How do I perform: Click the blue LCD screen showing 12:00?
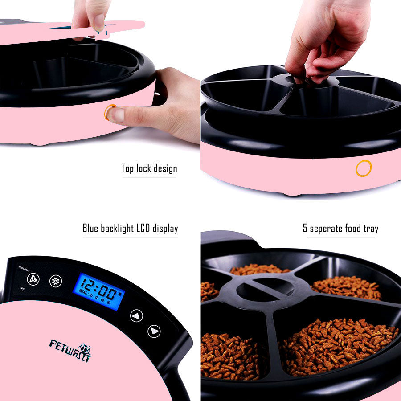pos(99,291)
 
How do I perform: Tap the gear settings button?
pos(56,281)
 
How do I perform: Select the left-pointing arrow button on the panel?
pos(136,316)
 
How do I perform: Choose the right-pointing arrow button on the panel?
pos(154,331)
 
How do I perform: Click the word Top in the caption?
pos(128,168)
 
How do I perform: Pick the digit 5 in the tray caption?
pos(305,229)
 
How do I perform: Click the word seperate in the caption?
pos(327,229)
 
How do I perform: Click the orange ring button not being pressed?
pos(363,168)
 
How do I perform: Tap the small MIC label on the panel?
pos(22,288)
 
